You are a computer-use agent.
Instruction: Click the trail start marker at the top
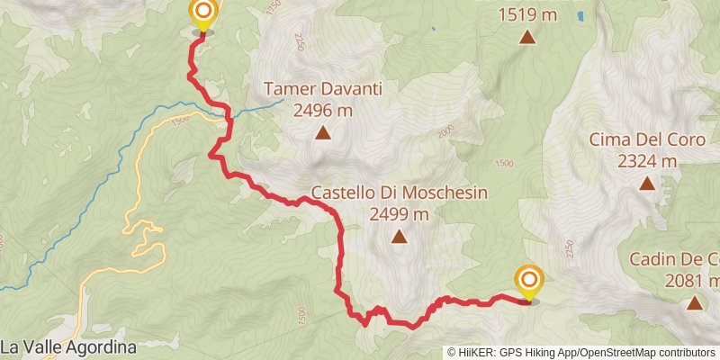203,13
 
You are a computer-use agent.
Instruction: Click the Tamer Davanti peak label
323,90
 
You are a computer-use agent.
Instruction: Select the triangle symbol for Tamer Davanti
323,134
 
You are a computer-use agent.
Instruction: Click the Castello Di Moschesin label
399,193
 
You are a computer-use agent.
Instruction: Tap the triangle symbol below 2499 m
399,238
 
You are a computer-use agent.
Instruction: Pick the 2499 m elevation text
399,215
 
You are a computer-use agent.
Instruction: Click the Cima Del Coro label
646,139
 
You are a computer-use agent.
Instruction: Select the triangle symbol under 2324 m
646,184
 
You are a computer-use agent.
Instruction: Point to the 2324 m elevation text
646,162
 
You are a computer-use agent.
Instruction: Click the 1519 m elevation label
526,14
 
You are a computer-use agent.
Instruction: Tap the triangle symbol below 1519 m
526,37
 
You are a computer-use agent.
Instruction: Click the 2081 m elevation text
694,281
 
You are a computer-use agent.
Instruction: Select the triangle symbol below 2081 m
695,303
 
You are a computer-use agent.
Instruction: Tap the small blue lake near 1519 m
578,16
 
